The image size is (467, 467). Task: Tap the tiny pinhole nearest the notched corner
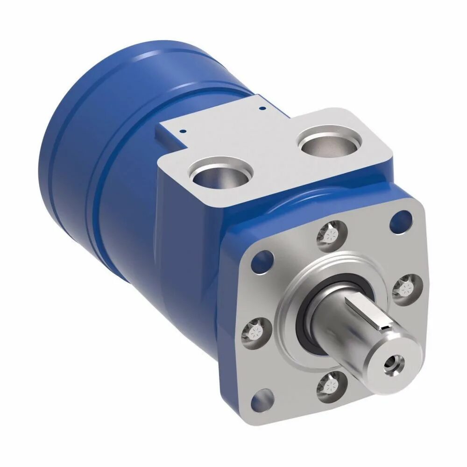tap(184, 131)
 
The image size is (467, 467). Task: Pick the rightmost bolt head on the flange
tap(405, 288)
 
